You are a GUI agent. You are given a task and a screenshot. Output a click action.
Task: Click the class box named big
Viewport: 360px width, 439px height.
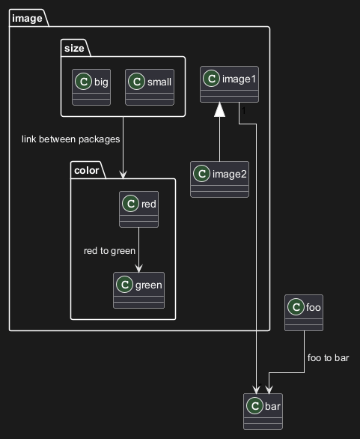pos(91,88)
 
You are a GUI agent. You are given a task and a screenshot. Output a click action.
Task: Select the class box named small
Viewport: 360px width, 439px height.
pos(150,88)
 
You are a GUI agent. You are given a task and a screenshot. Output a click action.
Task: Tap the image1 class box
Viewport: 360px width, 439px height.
pos(229,84)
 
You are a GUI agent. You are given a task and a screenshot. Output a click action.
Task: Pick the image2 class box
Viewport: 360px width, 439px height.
pos(219,180)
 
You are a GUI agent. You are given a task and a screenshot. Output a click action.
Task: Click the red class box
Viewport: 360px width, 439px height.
pos(138,210)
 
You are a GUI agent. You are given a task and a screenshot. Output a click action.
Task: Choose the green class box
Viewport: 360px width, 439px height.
pos(138,291)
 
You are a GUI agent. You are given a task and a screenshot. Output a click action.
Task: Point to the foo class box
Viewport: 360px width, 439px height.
pos(304,312)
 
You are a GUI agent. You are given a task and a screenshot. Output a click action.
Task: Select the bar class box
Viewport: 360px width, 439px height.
pos(263,411)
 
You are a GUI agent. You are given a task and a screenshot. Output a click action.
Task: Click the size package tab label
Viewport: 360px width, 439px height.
pos(74,49)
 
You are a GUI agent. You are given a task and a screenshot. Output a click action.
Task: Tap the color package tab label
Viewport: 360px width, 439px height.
pos(87,171)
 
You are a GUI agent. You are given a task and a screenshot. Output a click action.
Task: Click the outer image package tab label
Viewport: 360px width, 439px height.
pos(27,19)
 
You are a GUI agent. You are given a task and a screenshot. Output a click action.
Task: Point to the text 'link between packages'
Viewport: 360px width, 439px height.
pos(71,139)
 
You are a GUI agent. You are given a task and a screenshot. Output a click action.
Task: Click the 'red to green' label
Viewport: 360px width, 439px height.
pos(110,251)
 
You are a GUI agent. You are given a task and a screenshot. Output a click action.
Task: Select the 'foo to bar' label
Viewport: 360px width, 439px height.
pos(328,358)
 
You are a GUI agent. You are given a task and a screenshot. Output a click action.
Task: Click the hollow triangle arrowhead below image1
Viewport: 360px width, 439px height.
pos(219,109)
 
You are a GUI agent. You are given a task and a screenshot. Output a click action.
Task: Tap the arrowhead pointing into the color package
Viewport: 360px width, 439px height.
pos(123,175)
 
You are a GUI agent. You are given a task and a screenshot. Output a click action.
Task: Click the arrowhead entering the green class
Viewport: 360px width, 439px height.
pos(138,268)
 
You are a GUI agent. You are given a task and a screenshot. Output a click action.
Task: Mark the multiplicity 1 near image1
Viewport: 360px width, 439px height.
pos(244,111)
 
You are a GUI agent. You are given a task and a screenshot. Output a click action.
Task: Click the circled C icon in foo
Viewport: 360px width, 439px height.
pos(296,307)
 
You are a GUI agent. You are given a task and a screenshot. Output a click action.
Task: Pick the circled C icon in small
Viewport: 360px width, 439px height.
pos(136,82)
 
